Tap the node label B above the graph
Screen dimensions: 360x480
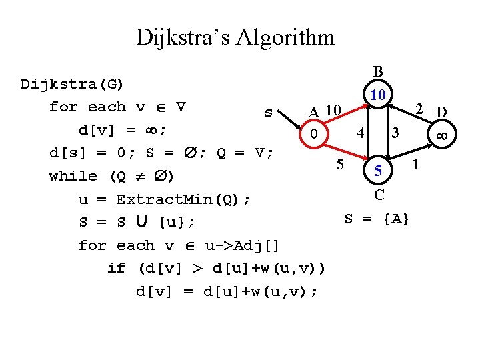click(x=378, y=71)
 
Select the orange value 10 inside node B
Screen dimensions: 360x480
click(x=378, y=95)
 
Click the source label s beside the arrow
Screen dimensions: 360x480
click(x=268, y=112)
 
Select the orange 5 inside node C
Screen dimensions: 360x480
click(x=378, y=172)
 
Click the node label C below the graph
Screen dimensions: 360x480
click(x=379, y=195)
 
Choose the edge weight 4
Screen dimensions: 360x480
click(x=359, y=132)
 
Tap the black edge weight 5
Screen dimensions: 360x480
click(x=340, y=164)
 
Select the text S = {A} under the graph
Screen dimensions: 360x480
click(x=377, y=218)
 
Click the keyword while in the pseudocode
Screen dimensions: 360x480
click(x=73, y=176)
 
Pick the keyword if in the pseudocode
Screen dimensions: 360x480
click(x=116, y=268)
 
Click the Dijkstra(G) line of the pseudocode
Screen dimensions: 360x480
click(x=73, y=84)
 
